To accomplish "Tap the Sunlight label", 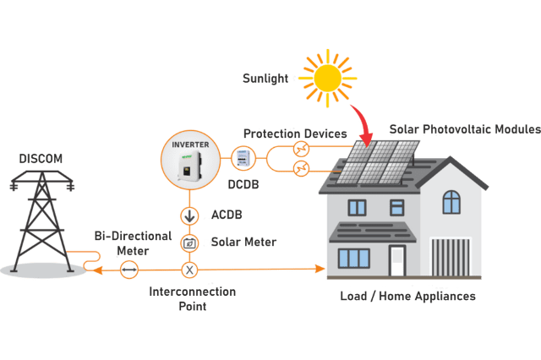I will [265, 78].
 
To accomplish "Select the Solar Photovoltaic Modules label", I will [464, 129].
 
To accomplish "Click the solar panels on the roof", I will [377, 161].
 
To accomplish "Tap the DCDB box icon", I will [242, 158].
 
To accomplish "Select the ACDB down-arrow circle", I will [189, 215].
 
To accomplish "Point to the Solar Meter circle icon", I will [189, 243].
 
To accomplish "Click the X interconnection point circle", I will [189, 270].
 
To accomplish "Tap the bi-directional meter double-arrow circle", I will [128, 270].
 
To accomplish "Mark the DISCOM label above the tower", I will [41, 158].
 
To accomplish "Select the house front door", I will [396, 259].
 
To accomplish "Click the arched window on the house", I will [452, 202].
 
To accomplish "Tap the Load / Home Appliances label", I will [407, 297].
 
